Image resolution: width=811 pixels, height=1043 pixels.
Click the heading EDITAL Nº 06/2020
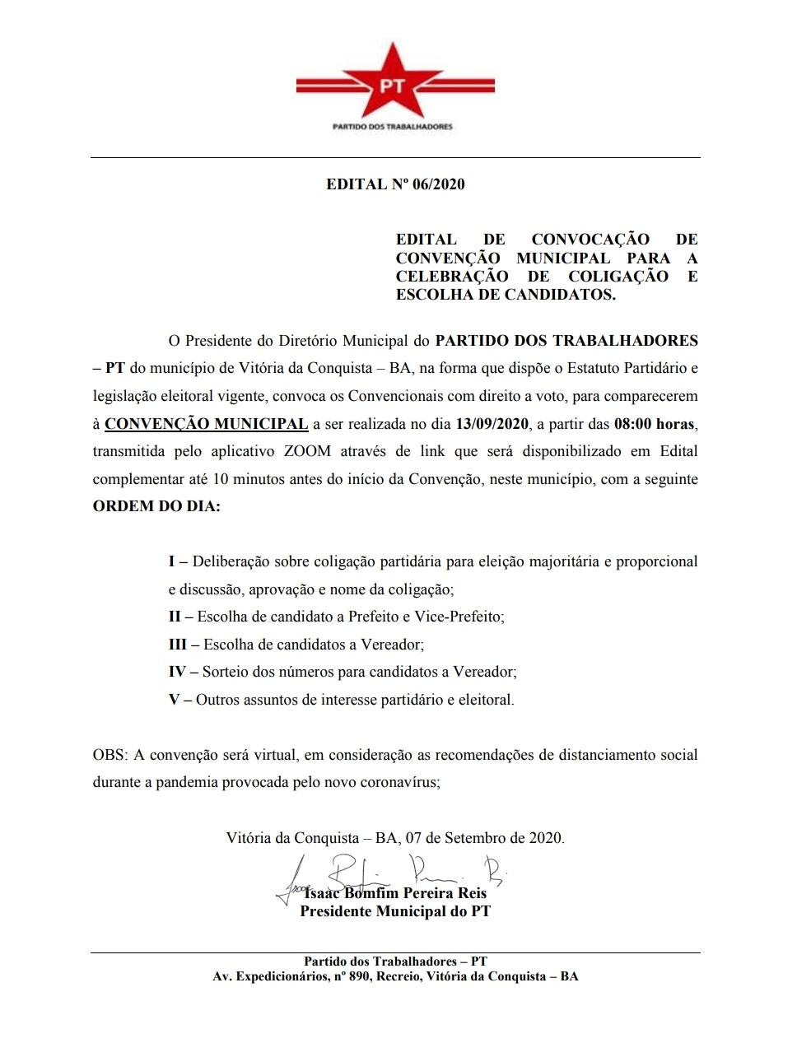[x=395, y=184]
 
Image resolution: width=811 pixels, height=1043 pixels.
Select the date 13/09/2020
[x=492, y=425]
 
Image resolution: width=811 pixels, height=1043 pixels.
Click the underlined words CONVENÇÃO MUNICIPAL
[x=207, y=425]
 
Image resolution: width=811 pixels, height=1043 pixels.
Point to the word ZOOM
[x=307, y=452]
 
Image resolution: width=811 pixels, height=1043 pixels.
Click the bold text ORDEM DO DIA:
[x=156, y=506]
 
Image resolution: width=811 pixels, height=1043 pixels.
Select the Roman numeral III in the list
[x=178, y=645]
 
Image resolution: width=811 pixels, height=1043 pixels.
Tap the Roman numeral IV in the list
[x=178, y=672]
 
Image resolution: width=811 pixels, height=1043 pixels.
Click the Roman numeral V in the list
[x=174, y=700]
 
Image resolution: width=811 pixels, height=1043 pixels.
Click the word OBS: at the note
[x=109, y=755]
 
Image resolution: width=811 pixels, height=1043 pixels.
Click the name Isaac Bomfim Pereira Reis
[x=395, y=893]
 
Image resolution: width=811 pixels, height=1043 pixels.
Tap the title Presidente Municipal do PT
[x=395, y=911]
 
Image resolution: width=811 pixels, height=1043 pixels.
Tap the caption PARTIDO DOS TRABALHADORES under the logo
[x=392, y=127]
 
